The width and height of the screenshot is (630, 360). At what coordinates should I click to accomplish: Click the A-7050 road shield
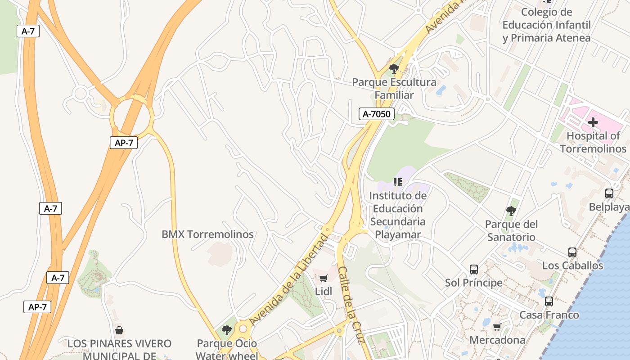pos(377,114)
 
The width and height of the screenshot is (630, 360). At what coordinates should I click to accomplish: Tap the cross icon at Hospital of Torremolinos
pos(593,122)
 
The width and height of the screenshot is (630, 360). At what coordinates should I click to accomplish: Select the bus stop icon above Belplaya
pos(609,193)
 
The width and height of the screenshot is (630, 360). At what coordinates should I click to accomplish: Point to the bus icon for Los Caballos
pos(572,252)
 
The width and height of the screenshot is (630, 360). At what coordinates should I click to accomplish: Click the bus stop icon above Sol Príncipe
pos(474,270)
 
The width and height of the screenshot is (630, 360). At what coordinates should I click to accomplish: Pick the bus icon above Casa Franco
pos(549,301)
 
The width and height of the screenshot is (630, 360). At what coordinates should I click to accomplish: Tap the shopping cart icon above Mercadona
pos(497,327)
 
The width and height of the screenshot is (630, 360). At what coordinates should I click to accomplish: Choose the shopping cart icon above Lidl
pos(324,279)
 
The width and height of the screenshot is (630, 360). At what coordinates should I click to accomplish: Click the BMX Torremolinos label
pos(207,234)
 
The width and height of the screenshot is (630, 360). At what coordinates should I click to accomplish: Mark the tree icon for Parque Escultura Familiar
pos(394,69)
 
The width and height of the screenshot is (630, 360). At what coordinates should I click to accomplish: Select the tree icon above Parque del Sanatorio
pos(511,211)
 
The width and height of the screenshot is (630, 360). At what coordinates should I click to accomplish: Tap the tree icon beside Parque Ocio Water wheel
pos(227,330)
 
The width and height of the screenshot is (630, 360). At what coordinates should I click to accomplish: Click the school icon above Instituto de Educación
pos(397,182)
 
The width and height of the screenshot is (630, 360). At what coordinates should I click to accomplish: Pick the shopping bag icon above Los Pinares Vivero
pos(119,331)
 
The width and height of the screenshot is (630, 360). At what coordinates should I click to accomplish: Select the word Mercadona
pos(497,340)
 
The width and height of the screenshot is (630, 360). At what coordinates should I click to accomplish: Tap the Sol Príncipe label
pos(473,283)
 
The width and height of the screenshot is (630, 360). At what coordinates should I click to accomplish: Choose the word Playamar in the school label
pos(398,234)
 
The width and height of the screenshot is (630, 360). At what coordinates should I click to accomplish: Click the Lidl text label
pos(324,292)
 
